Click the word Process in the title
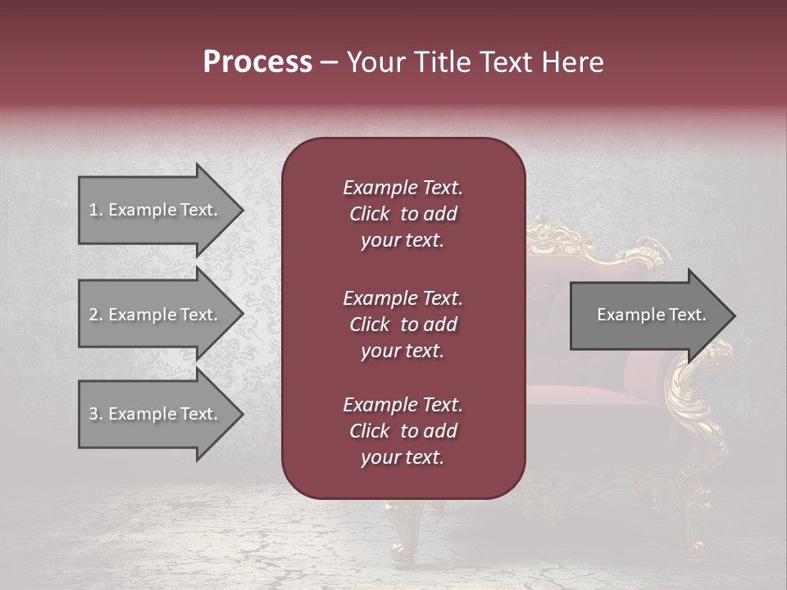coord(257,62)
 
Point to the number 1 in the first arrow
coord(93,210)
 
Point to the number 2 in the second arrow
coord(93,315)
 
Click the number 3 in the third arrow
coord(93,414)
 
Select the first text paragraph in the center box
coord(403,214)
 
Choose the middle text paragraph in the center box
coord(403,324)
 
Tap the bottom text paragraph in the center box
coord(403,431)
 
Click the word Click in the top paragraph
coord(370,214)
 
